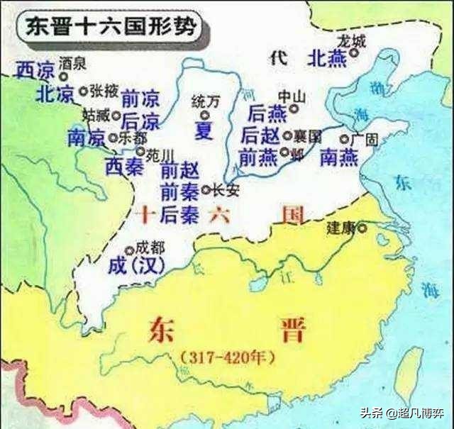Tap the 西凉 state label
pyautogui.click(x=34, y=69)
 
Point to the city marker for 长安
pyautogui.click(x=206, y=189)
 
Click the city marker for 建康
pyautogui.click(x=362, y=228)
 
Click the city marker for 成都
pyautogui.click(x=129, y=250)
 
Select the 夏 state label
pyautogui.click(x=203, y=131)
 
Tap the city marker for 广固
pyautogui.click(x=344, y=140)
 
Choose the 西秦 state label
pyautogui.click(x=123, y=166)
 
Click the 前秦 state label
pyautogui.click(x=179, y=191)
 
